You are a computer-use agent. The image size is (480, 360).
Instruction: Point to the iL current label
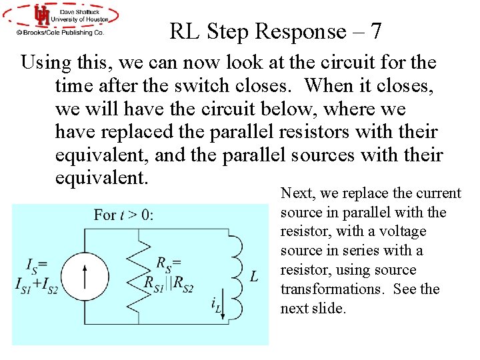pos(217,305)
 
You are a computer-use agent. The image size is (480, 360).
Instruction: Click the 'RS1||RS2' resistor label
pos(169,283)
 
